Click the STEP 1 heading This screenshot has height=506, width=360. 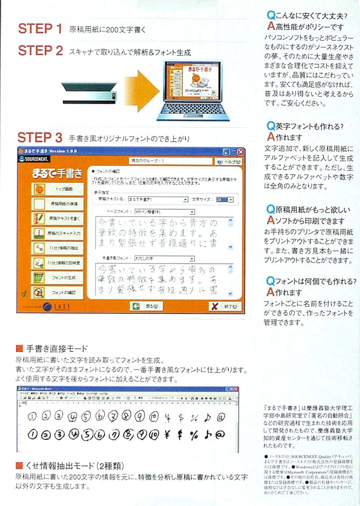coord(40,29)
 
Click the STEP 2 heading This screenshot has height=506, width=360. coord(40,51)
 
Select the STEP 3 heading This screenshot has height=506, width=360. coord(40,137)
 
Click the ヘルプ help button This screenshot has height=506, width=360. coord(229,162)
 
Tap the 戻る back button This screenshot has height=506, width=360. coord(146,306)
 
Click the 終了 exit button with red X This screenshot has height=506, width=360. coord(226,306)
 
